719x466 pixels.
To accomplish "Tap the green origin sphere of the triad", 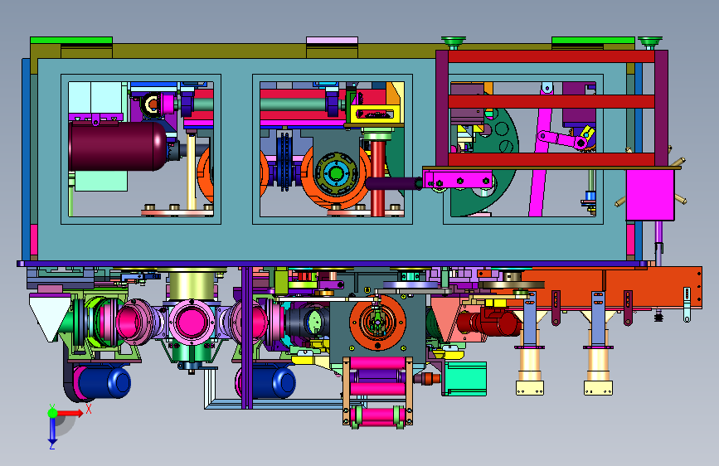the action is click(52, 413).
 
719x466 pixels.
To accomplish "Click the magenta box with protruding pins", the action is click(650, 195).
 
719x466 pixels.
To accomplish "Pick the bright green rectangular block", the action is click(464, 378).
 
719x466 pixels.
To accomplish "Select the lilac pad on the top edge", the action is click(332, 41).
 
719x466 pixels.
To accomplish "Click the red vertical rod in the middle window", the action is click(378, 178).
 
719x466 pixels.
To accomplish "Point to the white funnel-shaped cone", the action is click(49, 317).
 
